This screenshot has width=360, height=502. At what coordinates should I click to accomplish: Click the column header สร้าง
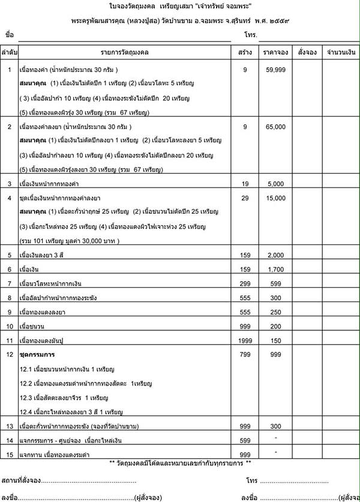click(245, 52)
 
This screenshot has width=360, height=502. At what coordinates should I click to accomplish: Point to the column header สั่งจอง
click(307, 52)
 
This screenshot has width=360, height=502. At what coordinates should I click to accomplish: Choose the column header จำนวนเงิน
click(340, 52)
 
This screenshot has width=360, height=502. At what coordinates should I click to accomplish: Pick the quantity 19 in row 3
click(245, 183)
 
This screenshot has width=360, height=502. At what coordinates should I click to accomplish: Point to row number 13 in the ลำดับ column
click(10, 426)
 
